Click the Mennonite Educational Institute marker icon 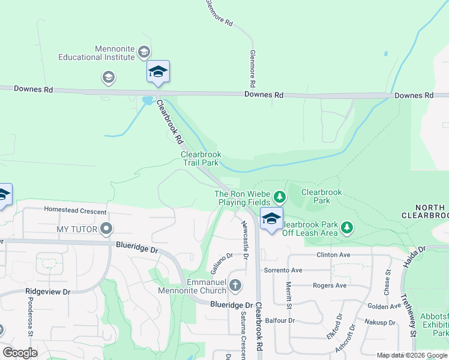coord(144,52)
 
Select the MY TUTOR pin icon coord(106,229)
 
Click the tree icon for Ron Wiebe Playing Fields coord(279,196)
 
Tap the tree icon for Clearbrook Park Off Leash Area coord(346,227)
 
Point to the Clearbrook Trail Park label coord(201,158)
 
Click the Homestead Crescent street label coord(75,211)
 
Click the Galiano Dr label coord(221,262)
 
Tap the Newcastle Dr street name coord(245,239)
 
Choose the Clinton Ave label coord(333,255)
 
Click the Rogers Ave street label coord(330,286)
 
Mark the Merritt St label coord(288,295)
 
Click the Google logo coord(20,353)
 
